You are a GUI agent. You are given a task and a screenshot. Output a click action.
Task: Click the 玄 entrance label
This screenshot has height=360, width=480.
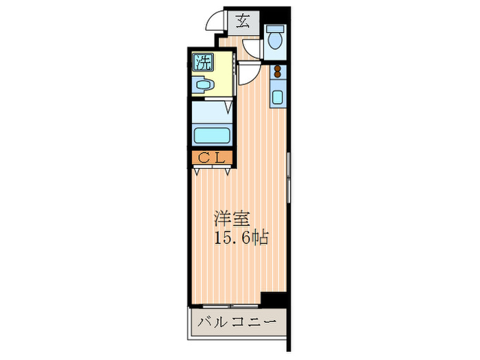(243, 22)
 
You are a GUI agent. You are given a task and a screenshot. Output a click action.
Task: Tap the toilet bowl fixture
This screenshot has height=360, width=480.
(275, 40)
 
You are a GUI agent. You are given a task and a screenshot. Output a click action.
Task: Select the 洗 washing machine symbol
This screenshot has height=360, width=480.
(203, 62)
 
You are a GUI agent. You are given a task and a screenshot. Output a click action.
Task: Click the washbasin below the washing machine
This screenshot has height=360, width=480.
(203, 85)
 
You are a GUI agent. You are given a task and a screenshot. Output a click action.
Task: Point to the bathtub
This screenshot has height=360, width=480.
(212, 136)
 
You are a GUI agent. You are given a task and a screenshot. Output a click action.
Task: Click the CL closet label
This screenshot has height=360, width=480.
(212, 158)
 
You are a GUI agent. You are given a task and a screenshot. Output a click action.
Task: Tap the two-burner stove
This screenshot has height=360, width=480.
(278, 71)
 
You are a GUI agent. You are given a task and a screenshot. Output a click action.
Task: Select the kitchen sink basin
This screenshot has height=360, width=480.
(277, 97)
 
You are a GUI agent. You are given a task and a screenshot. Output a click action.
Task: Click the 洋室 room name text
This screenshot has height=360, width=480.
(232, 219)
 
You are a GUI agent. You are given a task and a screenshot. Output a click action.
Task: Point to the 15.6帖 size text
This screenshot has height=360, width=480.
(241, 237)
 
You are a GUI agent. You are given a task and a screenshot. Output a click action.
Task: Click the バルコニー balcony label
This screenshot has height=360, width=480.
(237, 322)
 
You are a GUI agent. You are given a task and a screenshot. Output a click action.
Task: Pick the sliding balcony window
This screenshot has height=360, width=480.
(230, 306)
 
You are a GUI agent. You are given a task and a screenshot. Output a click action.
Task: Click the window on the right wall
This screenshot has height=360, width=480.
(289, 177)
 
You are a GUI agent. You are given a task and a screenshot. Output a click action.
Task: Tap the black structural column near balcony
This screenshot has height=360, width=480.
(274, 300)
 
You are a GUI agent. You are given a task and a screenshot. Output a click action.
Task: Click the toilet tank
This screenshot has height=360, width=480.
(275, 29)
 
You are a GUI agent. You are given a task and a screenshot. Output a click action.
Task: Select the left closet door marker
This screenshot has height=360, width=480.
(197, 171)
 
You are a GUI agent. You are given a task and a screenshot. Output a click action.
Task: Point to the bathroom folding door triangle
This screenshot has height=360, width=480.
(228, 108)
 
